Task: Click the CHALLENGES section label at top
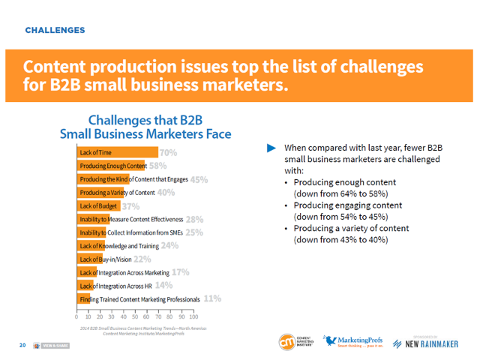pos(54,31)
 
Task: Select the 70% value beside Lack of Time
pos(168,153)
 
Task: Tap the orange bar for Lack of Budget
pos(97,206)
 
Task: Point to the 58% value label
pos(157,166)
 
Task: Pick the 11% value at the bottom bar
pos(212,298)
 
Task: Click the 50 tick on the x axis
pos(135,317)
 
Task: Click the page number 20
pos(22,345)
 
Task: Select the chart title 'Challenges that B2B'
pos(145,120)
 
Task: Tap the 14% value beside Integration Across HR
pos(164,286)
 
